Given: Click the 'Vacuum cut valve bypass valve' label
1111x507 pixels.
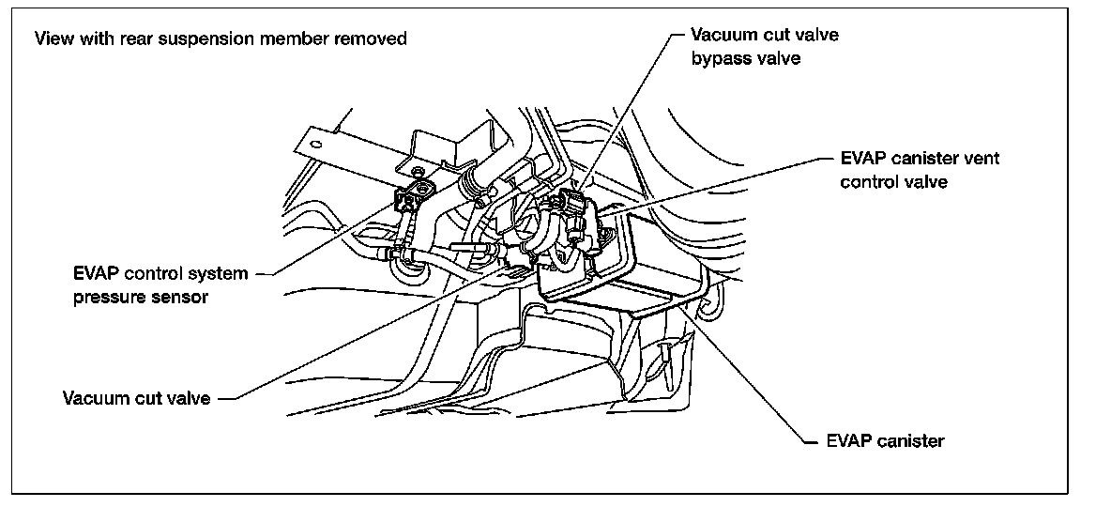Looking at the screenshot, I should pos(764,46).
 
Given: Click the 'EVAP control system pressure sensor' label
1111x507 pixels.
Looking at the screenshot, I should pos(160,285).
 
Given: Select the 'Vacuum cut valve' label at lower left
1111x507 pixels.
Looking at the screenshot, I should pos(136,397).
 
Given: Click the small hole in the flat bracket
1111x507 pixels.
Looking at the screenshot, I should pos(316,146).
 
